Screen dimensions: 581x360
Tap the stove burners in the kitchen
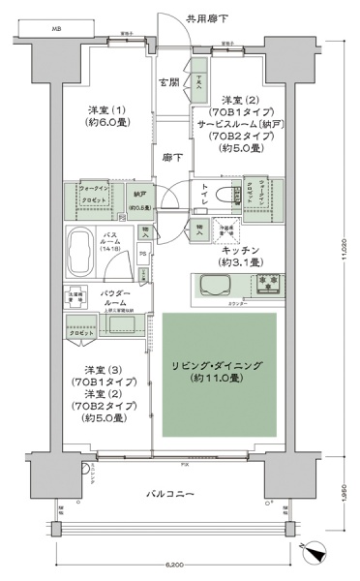point(266,284)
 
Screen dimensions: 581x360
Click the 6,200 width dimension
point(175,563)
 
